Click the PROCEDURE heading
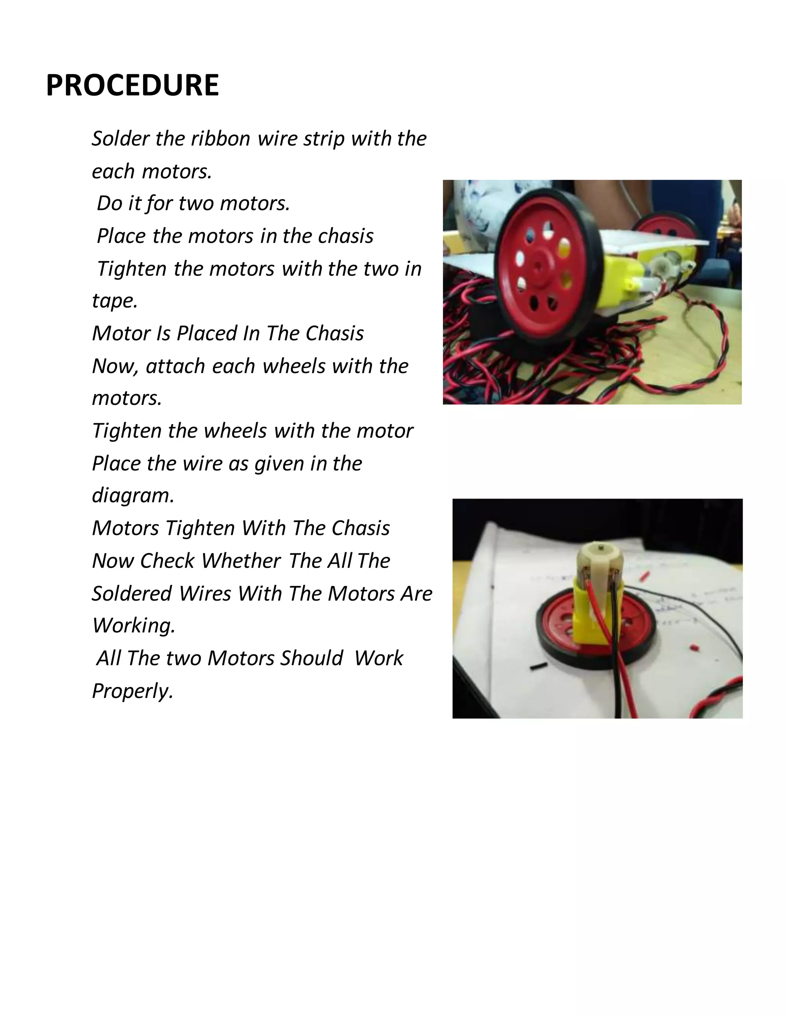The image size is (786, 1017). tap(132, 86)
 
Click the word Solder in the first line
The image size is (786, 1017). tap(120, 139)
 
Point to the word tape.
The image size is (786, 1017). tap(114, 301)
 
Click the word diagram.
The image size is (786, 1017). tap(132, 495)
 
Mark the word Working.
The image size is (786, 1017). tap(133, 626)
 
